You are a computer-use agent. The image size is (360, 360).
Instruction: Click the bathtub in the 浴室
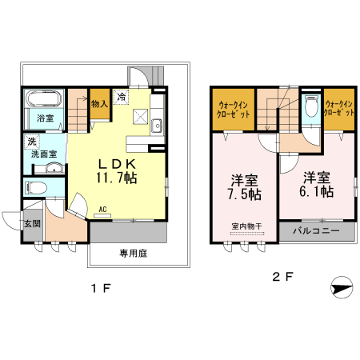tap(43, 102)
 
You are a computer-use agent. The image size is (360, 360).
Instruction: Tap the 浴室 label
tap(44, 118)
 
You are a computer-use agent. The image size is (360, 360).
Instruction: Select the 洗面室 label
tap(43, 154)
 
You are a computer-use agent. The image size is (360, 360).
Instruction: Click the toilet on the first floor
tap(37, 188)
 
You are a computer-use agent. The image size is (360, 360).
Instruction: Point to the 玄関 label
tap(31, 223)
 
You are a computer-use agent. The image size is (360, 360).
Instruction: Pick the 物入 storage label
tap(98, 103)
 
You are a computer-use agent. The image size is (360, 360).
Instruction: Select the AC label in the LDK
tap(102, 210)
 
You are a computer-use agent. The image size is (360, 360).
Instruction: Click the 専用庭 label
tap(134, 253)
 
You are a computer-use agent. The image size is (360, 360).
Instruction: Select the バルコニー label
tap(315, 231)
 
